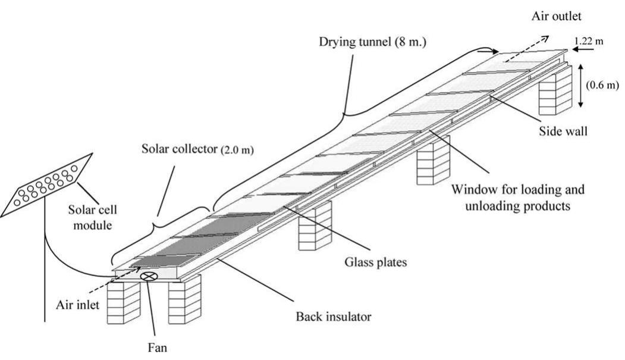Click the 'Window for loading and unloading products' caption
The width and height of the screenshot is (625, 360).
tap(517, 199)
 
